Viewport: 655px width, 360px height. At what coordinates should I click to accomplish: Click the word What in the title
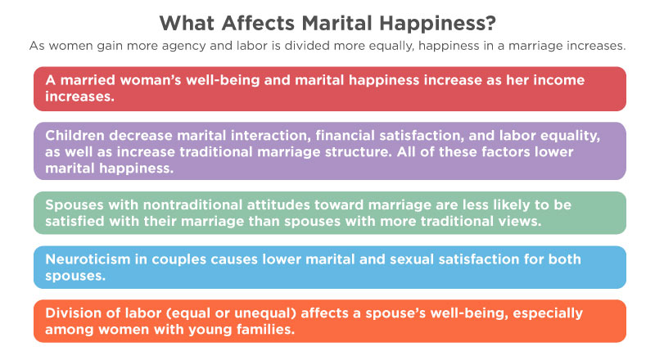coord(187,23)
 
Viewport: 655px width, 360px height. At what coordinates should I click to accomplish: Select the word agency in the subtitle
coord(183,47)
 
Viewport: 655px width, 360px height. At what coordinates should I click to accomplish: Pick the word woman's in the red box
coord(151,79)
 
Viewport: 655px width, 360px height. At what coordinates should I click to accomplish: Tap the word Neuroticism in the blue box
coord(88,259)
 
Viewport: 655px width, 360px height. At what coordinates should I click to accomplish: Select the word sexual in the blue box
coord(412,259)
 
